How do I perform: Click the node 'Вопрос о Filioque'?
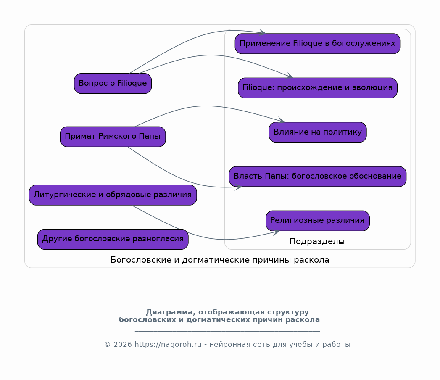(113, 83)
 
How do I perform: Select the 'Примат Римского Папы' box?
(113, 137)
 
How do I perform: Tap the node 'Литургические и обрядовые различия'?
(113, 195)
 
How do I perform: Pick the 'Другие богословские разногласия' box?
(113, 239)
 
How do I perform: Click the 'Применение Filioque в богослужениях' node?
(318, 43)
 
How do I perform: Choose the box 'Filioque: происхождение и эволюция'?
(318, 88)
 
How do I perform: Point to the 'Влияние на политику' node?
(318, 132)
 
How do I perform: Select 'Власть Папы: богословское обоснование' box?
(318, 177)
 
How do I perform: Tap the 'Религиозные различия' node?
(318, 221)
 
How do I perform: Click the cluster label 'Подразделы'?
(317, 241)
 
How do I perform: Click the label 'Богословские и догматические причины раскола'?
(220, 260)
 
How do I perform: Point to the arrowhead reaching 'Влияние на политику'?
(282, 120)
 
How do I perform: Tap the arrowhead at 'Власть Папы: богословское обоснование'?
(239, 187)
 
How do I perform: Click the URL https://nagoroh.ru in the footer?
(168, 344)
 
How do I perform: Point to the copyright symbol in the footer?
(108, 345)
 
